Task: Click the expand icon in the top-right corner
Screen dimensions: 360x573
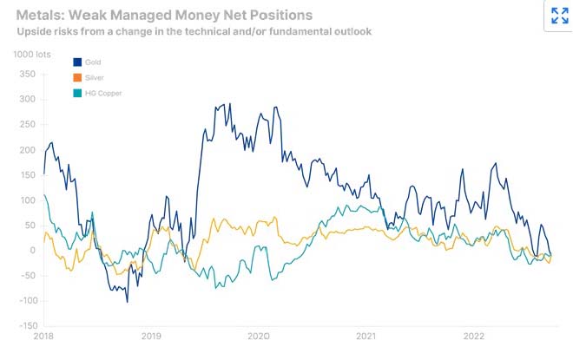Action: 559,16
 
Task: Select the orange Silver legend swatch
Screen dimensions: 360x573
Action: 77,77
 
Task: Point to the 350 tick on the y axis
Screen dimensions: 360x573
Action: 27,75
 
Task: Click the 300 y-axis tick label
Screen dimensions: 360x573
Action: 27,100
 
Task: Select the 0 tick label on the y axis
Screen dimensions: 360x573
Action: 31,251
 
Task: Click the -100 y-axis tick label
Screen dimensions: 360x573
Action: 25,300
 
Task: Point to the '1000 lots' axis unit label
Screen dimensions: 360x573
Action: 32,55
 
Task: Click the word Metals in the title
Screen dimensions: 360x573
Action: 43,15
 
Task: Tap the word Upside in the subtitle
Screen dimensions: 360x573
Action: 35,31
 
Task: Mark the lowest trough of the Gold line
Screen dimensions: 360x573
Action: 127,302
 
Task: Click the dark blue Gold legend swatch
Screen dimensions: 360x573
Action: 77,62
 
